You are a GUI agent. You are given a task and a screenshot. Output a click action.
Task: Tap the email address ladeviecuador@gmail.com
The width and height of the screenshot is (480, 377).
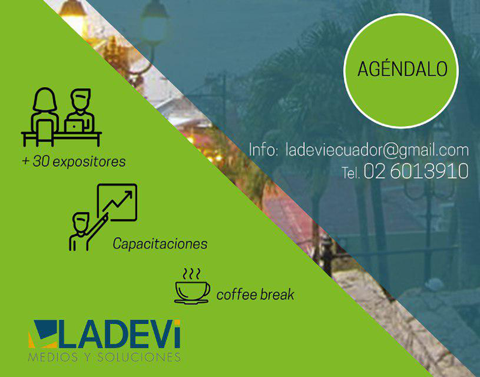[377, 150]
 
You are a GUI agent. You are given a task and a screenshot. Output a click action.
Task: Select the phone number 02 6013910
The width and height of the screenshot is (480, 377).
[416, 171]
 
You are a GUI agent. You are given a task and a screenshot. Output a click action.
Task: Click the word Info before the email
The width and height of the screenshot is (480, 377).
[263, 149]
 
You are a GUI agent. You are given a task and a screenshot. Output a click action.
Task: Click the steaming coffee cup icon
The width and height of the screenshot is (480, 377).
[192, 286]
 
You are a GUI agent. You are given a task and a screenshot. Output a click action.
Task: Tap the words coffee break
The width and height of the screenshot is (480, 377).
[255, 295]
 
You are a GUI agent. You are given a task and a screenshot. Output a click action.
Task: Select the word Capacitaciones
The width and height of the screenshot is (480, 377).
[160, 244]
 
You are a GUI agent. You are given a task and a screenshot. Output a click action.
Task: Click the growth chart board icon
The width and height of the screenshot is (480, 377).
[117, 202]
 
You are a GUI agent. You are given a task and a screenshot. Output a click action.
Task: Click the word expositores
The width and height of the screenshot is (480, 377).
[89, 161]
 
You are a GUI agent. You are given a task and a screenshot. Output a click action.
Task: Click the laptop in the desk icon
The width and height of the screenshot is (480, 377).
[73, 126]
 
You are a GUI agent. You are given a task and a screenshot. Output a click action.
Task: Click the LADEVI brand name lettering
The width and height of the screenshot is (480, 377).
[119, 334]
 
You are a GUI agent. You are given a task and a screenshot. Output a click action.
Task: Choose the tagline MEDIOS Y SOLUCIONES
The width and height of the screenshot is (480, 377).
[104, 357]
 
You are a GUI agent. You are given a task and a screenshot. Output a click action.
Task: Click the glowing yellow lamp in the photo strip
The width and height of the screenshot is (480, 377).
[73, 12]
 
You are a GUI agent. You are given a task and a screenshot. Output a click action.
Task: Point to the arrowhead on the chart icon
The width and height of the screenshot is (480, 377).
[128, 195]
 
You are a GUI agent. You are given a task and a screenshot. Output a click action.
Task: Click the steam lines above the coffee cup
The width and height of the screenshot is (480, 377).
[191, 274]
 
